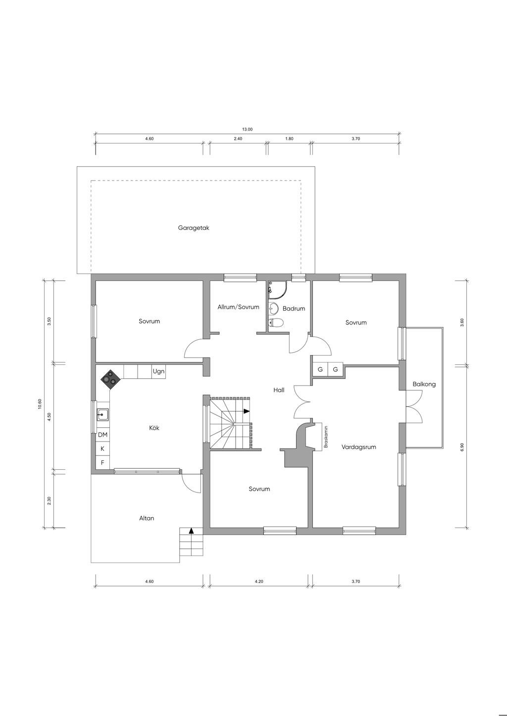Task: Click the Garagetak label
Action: click(x=194, y=228)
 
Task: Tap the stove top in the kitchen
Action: click(x=109, y=379)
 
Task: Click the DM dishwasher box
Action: click(x=103, y=435)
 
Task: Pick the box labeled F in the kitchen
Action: click(x=103, y=462)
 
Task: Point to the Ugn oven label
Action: click(x=158, y=371)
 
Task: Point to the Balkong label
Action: click(x=424, y=384)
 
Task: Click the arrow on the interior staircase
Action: click(x=247, y=411)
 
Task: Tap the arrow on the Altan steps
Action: click(x=192, y=531)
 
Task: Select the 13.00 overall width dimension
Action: click(x=247, y=130)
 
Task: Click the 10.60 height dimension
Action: click(x=40, y=404)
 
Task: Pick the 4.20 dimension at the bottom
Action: click(x=259, y=582)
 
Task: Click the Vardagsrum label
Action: click(x=358, y=447)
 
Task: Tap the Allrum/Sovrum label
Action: click(x=239, y=307)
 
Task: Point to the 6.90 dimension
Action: click(x=462, y=447)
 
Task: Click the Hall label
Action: click(x=279, y=390)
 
